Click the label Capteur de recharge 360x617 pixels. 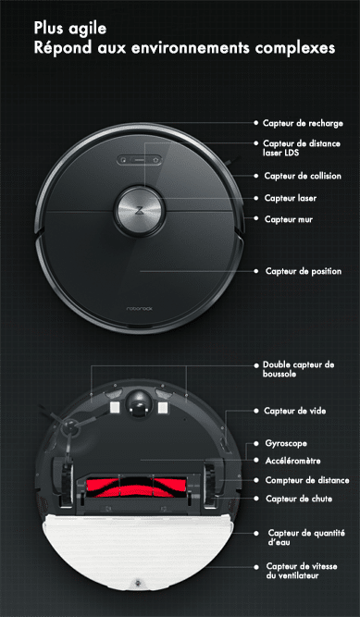point(303,123)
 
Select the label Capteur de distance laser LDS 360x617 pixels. point(302,148)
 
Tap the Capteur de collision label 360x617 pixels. point(303,176)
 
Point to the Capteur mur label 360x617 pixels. point(289,219)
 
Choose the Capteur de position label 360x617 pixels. point(304,271)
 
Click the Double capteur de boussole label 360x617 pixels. point(299,369)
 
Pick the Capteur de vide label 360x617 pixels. point(295,411)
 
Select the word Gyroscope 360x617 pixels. point(286,443)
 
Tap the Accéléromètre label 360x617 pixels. point(292,461)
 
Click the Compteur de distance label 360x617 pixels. point(307,480)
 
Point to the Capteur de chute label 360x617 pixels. point(299,499)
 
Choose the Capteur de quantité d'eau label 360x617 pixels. point(306,537)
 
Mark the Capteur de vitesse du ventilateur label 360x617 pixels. point(302,571)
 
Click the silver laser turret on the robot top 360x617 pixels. point(139,211)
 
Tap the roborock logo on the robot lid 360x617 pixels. point(140,309)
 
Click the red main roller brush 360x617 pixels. point(136,487)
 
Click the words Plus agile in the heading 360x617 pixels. point(69,29)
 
